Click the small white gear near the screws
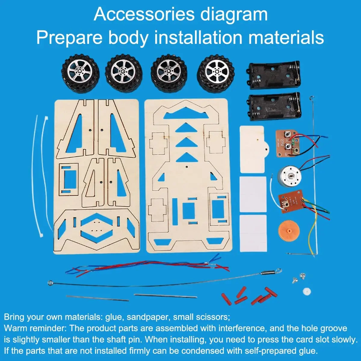pyautogui.click(x=307, y=291)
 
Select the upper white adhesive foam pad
pyautogui.click(x=253, y=195)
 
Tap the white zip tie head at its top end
pyautogui.click(x=46, y=119)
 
